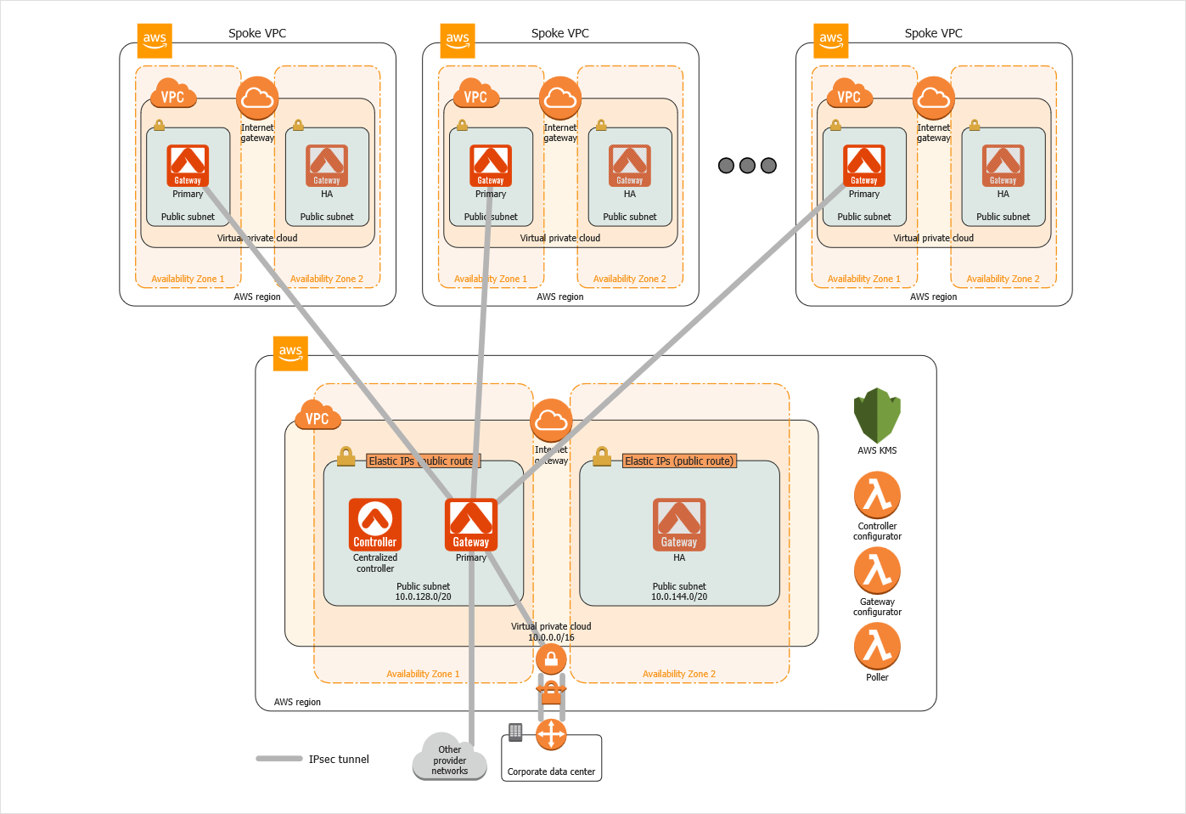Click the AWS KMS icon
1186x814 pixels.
click(x=877, y=415)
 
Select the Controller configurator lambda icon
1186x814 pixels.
click(x=877, y=495)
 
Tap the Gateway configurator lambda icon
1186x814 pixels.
click(x=877, y=570)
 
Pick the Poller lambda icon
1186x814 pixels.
click(x=877, y=646)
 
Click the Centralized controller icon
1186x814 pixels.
click(x=375, y=524)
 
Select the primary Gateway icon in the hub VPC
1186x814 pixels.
click(x=471, y=524)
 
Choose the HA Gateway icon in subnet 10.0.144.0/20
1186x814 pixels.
click(x=679, y=524)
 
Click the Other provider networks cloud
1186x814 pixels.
click(x=449, y=757)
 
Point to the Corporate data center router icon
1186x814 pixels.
click(x=551, y=735)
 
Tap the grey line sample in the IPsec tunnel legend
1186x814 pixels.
click(x=279, y=759)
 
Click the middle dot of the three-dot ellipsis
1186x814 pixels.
click(x=747, y=166)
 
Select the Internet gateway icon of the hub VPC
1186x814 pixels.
click(x=551, y=420)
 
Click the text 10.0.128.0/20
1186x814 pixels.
click(x=423, y=597)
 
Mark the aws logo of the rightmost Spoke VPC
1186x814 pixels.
click(x=831, y=40)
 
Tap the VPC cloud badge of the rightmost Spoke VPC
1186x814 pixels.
click(x=848, y=95)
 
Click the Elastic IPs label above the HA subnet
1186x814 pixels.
click(x=679, y=461)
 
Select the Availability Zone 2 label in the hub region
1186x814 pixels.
click(x=679, y=675)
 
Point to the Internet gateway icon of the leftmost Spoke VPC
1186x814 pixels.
click(x=257, y=99)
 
